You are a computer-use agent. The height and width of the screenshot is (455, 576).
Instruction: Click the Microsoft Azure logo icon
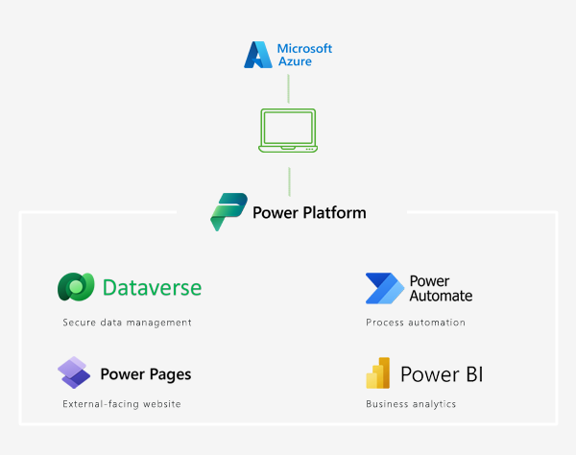click(x=257, y=56)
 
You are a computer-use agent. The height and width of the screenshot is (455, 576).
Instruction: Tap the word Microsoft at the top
click(x=304, y=49)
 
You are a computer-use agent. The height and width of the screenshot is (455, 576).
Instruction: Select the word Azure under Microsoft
click(x=294, y=62)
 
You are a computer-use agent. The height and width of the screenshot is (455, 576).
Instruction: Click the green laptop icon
click(x=288, y=131)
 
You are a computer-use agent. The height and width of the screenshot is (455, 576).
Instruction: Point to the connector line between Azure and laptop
click(x=288, y=87)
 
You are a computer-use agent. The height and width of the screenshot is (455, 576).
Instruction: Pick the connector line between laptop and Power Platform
click(x=288, y=180)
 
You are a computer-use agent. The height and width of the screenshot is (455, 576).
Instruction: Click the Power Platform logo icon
click(x=228, y=212)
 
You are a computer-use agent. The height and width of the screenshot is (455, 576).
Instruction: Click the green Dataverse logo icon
click(x=76, y=287)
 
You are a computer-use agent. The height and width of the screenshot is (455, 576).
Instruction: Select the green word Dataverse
click(x=152, y=287)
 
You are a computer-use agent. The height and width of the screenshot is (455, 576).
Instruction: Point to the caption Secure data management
click(x=127, y=323)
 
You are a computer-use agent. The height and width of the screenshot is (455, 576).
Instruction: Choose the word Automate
click(x=441, y=296)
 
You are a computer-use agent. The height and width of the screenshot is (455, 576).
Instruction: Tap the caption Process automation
click(x=415, y=323)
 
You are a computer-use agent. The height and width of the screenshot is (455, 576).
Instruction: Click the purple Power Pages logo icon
click(x=74, y=372)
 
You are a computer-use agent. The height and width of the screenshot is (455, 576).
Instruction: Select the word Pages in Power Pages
click(x=170, y=374)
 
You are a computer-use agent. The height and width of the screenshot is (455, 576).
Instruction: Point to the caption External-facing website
click(x=121, y=404)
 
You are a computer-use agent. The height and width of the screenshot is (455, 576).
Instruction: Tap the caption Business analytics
click(x=411, y=404)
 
